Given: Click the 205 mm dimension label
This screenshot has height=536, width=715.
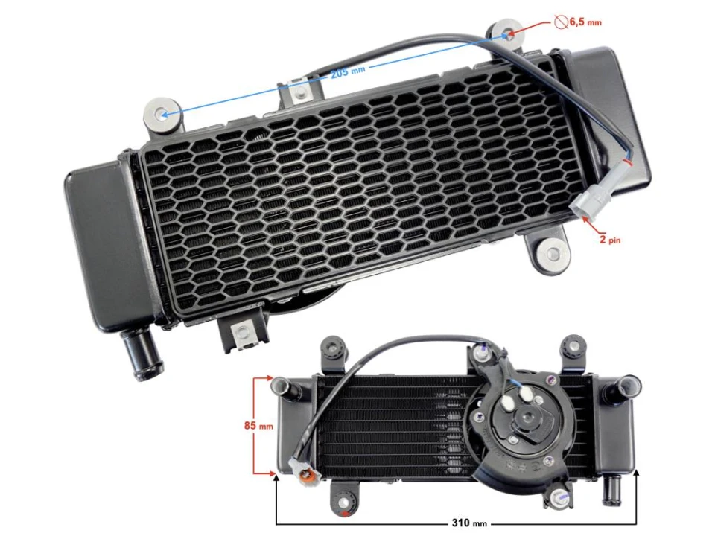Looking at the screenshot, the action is [348, 71].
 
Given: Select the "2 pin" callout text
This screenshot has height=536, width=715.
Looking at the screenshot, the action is [610, 239].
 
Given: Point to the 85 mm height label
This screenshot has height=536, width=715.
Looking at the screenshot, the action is [258, 426].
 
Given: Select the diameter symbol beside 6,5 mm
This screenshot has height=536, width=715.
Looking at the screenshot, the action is [561, 21].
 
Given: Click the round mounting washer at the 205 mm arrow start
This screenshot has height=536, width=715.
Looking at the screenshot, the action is [162, 114].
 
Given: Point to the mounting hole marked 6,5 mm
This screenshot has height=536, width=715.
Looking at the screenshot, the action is [509, 34].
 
